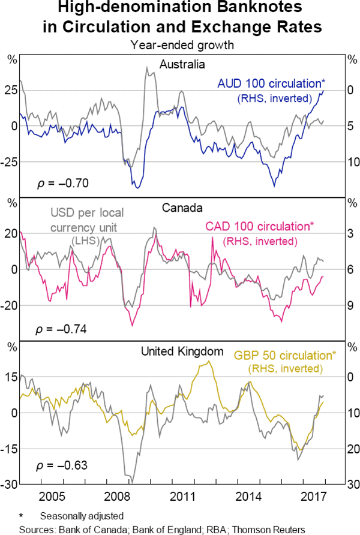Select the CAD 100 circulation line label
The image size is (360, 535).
260,227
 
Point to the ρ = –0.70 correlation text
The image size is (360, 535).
62,182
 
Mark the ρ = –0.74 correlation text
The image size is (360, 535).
62,329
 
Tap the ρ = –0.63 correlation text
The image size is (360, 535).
62,465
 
